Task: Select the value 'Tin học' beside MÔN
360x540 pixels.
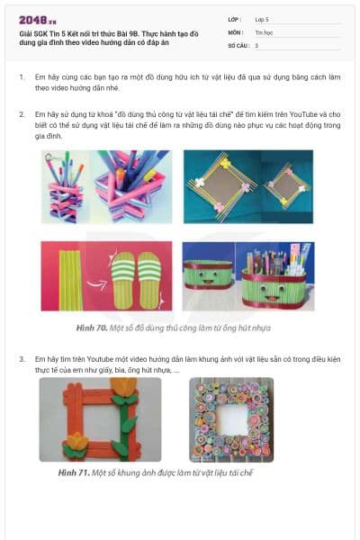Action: (262, 31)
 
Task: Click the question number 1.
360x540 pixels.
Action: (22, 78)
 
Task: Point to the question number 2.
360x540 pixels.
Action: (22, 115)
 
